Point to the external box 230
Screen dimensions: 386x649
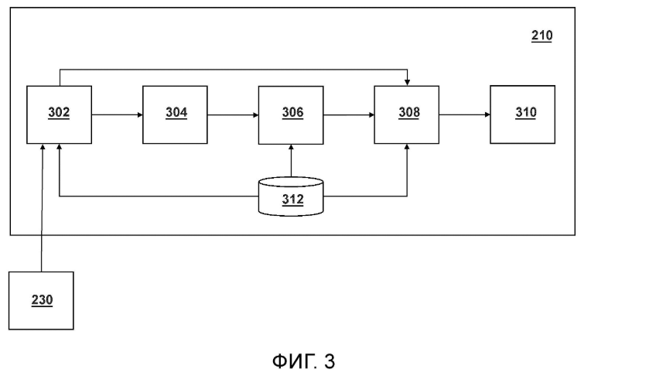41,300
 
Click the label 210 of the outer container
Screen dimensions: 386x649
541,36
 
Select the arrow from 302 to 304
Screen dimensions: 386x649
117,114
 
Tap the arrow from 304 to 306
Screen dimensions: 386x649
233,114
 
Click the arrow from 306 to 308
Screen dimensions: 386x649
349,114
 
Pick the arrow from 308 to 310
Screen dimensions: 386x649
465,114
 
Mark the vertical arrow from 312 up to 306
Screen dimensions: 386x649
291,161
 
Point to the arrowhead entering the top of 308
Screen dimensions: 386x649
407,82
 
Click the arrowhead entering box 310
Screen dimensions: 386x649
487,114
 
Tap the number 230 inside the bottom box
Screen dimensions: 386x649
42,300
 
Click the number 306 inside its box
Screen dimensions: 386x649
292,113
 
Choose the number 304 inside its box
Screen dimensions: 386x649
176,113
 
